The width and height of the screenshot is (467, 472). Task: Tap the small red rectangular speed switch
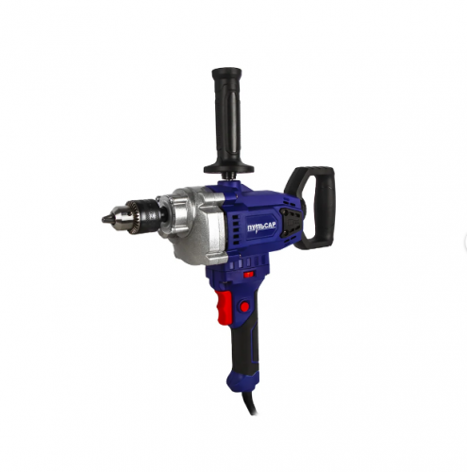point(249,274)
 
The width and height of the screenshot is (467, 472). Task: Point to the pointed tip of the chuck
point(103,219)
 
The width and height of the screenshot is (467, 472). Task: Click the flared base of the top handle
point(228,168)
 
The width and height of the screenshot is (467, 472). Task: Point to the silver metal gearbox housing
point(196,225)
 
